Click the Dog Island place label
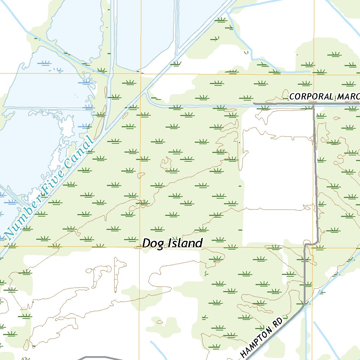172,243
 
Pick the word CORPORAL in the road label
311,97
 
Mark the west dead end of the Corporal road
254,104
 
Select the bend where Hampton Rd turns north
304,305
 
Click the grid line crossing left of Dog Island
140,247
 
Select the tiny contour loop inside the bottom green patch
160,322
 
